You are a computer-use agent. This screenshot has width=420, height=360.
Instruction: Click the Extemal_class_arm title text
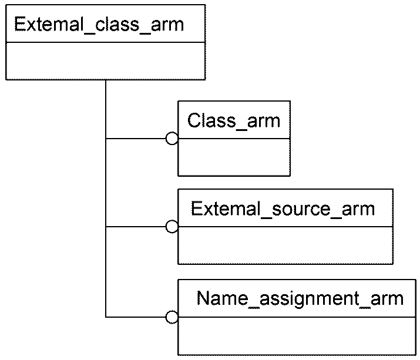pos(99,25)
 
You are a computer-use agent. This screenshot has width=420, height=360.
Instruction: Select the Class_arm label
pos(234,121)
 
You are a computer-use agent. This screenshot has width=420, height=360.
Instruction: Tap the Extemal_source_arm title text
pos(283,209)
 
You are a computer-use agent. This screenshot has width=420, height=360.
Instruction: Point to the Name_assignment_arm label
pos(300,299)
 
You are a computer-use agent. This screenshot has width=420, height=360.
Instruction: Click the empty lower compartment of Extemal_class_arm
pos(106,61)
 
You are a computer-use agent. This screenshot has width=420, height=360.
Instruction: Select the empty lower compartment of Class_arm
pos(234,157)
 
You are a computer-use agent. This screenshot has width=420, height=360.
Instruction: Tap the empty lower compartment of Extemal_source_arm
pos(285,245)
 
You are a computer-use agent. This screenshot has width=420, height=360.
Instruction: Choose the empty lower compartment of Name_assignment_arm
pos(297,336)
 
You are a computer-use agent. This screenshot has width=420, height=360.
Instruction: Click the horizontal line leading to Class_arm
pos(136,139)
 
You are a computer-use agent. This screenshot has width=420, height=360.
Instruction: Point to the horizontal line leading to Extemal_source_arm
pos(136,227)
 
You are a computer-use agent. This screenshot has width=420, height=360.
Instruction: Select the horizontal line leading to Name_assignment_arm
pos(136,317)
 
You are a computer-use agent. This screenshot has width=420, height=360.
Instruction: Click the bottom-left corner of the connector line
pos(106,317)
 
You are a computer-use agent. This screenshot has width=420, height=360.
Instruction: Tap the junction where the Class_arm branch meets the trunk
pos(106,139)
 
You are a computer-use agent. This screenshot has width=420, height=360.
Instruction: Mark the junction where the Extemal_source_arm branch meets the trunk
pos(106,227)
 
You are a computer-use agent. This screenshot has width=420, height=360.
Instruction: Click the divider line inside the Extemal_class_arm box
pos(106,42)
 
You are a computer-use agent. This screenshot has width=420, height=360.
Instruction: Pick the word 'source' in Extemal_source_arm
pos(301,210)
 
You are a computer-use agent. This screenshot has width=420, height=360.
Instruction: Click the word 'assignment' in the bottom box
pos(310,299)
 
